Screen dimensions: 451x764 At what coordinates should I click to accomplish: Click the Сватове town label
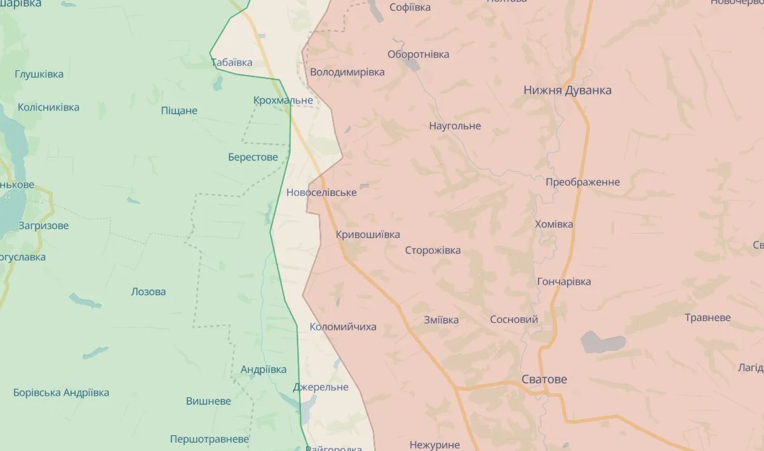(544, 379)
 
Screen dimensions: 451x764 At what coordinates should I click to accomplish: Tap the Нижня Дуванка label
(567, 90)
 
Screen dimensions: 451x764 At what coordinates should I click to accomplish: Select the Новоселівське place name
(321, 192)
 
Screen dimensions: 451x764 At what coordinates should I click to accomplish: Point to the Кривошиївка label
(368, 235)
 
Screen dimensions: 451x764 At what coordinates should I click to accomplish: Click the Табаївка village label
(232, 62)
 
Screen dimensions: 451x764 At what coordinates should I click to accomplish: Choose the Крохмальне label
(283, 100)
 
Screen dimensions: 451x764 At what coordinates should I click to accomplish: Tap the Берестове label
(253, 157)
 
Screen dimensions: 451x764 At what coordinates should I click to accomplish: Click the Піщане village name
(179, 111)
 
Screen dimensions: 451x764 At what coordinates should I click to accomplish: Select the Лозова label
(148, 292)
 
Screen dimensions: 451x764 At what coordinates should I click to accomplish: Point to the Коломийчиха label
(343, 327)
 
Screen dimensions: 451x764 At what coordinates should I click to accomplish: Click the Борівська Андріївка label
(61, 393)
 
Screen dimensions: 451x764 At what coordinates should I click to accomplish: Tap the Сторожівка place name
(433, 251)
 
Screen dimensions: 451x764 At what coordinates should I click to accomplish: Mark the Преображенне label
(582, 182)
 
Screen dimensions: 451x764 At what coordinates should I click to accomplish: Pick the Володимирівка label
(347, 72)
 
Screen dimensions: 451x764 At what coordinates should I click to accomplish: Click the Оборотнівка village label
(418, 54)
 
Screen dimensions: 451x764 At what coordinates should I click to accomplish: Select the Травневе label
(707, 317)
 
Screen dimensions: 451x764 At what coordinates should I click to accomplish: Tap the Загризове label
(43, 225)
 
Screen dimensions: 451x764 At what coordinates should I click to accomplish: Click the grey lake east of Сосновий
(601, 343)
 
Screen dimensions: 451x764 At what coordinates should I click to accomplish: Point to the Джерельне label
(321, 387)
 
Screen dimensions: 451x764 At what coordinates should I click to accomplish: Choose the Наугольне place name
(455, 126)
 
